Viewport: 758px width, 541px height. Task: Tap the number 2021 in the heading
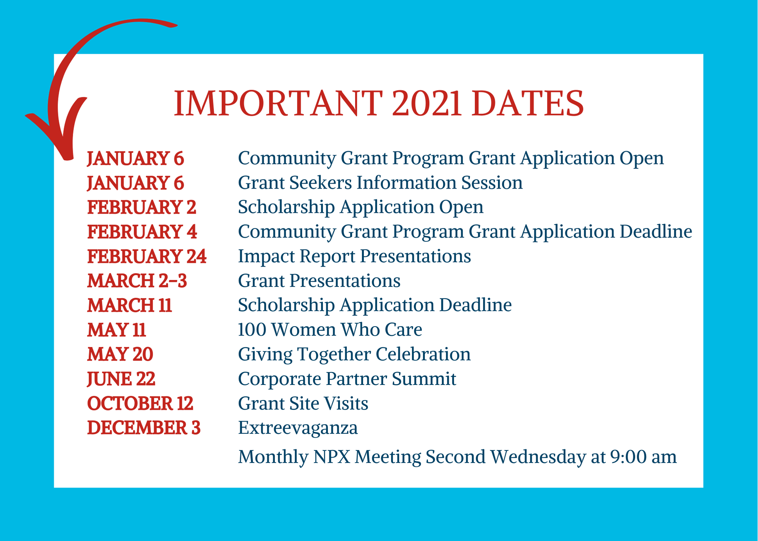tap(427, 103)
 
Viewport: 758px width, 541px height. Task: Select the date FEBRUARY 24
tap(147, 256)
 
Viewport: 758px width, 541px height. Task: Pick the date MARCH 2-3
tap(137, 281)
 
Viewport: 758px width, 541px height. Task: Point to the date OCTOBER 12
tap(140, 403)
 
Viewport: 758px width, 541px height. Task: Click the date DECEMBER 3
tap(144, 428)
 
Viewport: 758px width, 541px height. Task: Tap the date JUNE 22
tap(121, 379)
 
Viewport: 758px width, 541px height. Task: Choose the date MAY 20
tap(120, 355)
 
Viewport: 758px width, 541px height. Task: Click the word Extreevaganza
tap(298, 428)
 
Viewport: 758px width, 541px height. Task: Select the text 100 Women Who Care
tap(330, 330)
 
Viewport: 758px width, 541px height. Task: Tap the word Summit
tap(424, 379)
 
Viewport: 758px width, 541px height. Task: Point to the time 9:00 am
tap(644, 457)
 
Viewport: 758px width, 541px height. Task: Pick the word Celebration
tap(423, 355)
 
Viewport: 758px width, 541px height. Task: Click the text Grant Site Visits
tap(303, 403)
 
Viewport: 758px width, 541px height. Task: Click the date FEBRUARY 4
tap(142, 232)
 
